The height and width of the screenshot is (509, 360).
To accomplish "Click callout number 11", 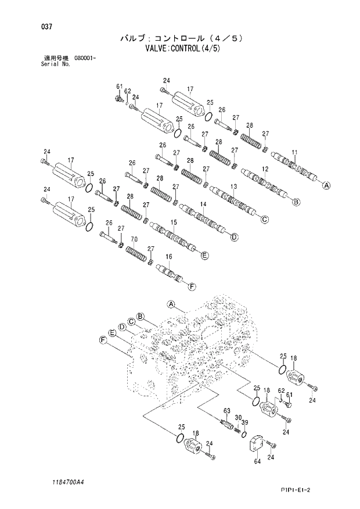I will (294, 152).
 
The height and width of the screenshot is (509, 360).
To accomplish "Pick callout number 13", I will (233, 186).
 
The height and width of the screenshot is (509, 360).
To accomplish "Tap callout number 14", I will (203, 204).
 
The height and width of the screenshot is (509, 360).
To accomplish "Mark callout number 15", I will (173, 223).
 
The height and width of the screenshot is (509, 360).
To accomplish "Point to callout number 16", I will (168, 256).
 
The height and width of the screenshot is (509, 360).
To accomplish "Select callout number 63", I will (226, 411).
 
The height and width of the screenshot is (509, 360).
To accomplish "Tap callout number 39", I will (245, 422).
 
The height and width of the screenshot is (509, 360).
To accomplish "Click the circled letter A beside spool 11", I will (326, 186).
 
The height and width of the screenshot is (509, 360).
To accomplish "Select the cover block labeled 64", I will (257, 447).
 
